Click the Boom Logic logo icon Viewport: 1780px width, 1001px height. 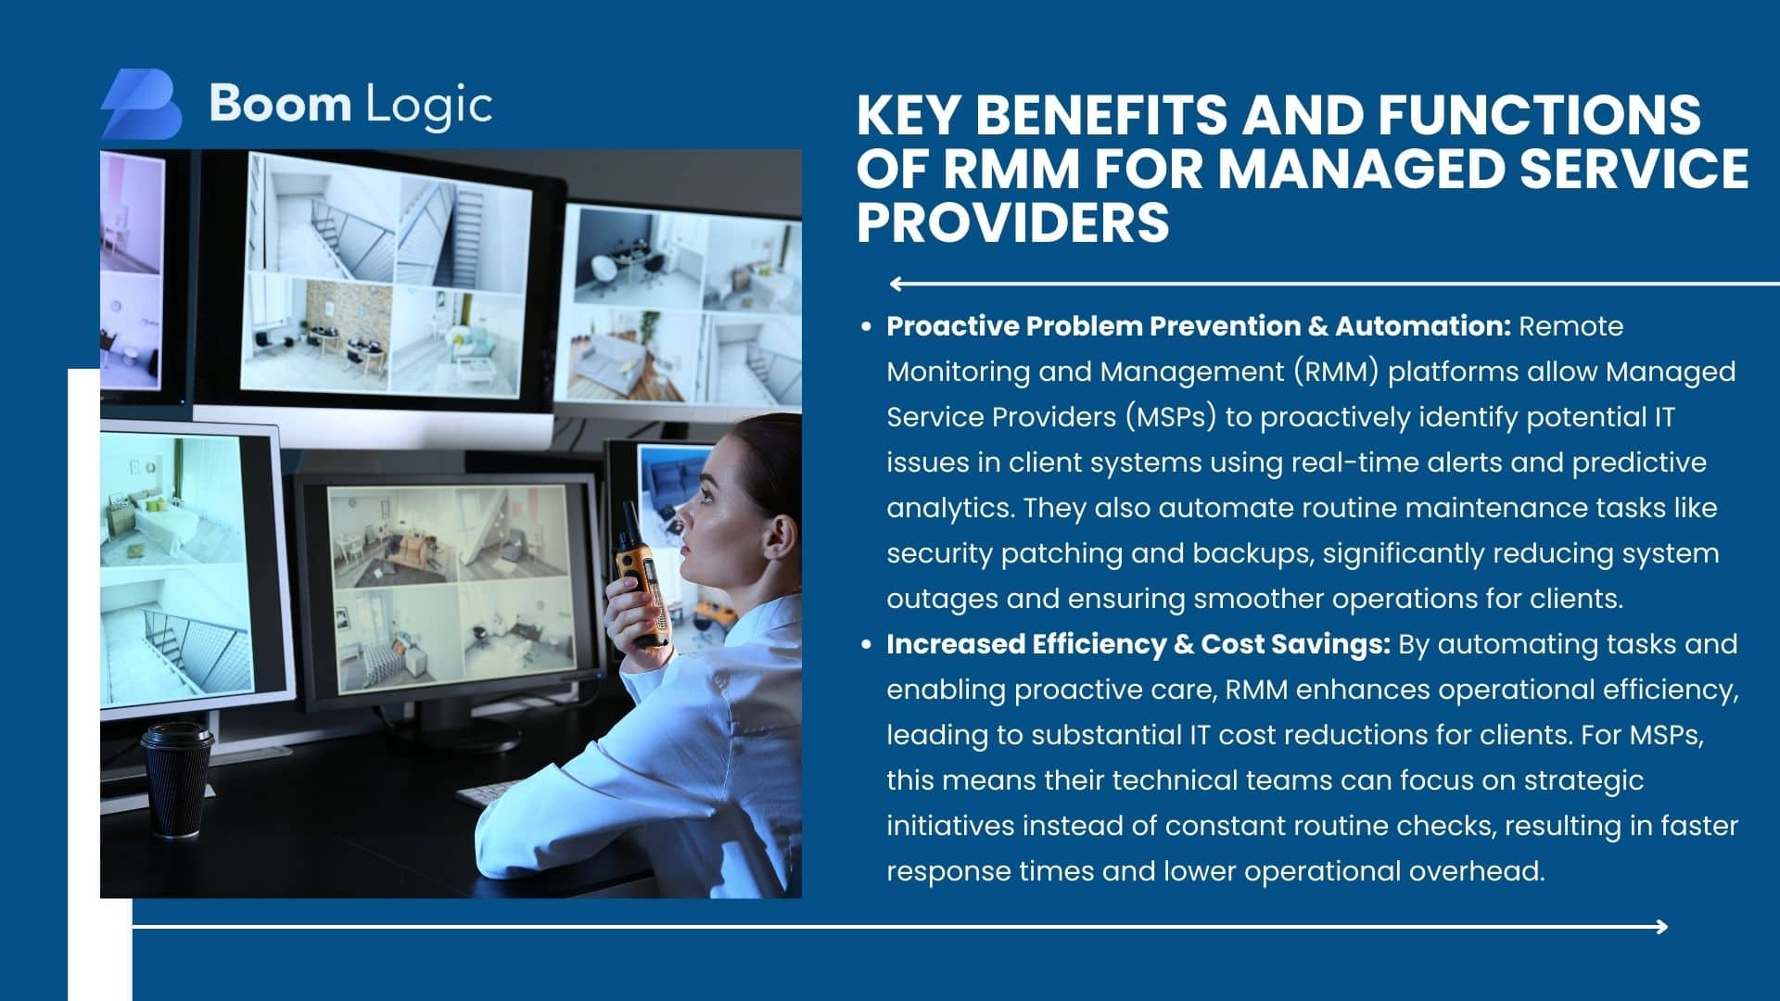click(x=141, y=104)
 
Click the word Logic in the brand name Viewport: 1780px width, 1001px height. click(x=429, y=105)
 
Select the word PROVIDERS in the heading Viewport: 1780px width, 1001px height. click(x=1012, y=222)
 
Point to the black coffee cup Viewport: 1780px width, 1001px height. click(x=177, y=779)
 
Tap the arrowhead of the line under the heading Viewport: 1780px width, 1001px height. click(x=896, y=284)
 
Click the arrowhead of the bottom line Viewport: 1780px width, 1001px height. click(x=1660, y=926)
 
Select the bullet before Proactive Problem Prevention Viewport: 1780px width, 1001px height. click(x=866, y=326)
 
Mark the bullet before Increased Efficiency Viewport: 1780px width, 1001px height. click(x=866, y=644)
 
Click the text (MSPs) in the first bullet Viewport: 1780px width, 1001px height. click(x=1171, y=417)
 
